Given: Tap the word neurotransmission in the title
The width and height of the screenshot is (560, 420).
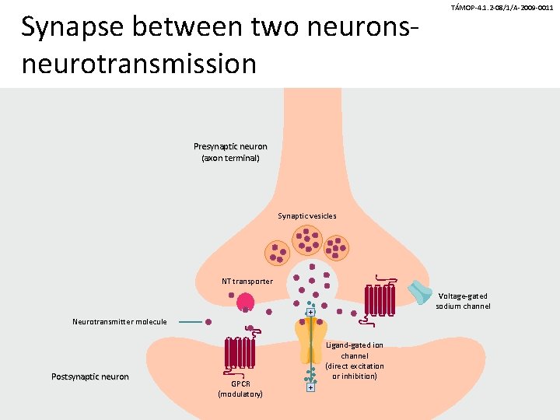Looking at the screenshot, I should (139, 63).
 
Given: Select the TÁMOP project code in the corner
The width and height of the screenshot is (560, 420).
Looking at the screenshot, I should (502, 7).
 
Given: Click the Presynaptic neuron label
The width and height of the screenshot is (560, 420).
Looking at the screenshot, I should (230, 152).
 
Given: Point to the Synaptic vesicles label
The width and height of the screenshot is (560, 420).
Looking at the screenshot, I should (307, 215).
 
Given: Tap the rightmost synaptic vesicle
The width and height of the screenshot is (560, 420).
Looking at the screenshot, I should (338, 249).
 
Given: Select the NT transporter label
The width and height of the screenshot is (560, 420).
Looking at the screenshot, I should (247, 281).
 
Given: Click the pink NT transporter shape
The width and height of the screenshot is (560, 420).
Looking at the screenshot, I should (246, 303).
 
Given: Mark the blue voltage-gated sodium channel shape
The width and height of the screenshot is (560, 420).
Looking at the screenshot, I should (421, 291).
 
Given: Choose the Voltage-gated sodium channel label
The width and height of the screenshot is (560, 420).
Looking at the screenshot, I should (463, 301).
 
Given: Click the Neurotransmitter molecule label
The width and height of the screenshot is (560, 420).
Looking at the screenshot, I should (119, 321).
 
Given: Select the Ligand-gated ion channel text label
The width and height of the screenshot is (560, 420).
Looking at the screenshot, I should (355, 360).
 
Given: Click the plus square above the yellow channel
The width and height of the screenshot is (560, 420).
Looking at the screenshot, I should (310, 313).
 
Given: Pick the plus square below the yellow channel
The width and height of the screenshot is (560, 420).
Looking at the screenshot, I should (310, 387).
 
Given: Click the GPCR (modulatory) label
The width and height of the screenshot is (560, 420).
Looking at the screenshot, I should (240, 389).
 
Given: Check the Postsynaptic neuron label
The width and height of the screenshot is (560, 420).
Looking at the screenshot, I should (89, 377).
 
